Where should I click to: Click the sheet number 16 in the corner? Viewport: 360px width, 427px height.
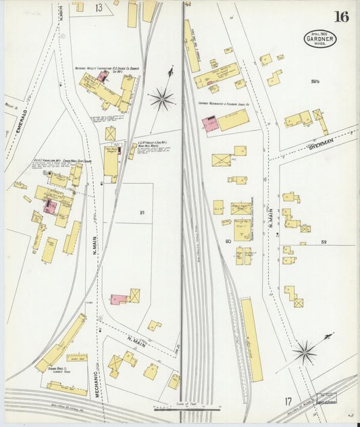(341, 16)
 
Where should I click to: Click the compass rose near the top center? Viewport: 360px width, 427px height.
(162, 99)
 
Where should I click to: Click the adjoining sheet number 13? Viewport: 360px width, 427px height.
(99, 7)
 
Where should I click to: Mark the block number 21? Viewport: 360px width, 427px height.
(142, 213)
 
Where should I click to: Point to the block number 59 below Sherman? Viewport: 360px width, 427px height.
(324, 241)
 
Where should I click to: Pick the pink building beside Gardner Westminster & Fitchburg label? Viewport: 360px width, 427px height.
(209, 124)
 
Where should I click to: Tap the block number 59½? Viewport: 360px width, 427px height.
(314, 82)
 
